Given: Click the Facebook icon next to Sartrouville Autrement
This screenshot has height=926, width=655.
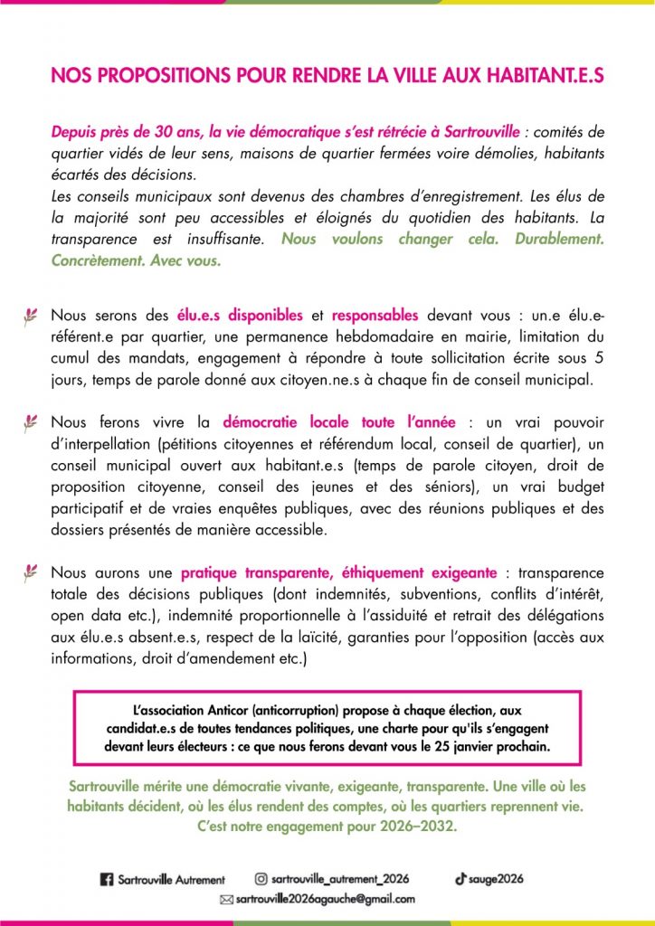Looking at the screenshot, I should pyautogui.click(x=105, y=879).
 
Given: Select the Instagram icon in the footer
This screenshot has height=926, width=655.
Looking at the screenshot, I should pyautogui.click(x=261, y=878).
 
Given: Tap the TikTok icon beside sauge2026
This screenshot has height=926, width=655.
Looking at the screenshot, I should pyautogui.click(x=460, y=878).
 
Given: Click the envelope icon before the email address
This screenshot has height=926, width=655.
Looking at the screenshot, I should pyautogui.click(x=226, y=900).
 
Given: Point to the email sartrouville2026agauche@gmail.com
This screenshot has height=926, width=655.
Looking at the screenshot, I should pyautogui.click(x=325, y=900).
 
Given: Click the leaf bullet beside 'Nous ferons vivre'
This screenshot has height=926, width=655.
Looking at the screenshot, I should pyautogui.click(x=30, y=421).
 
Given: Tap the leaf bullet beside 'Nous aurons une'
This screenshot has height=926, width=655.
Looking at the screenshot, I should pyautogui.click(x=30, y=572).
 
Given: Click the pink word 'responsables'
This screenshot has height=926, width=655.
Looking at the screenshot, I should pyautogui.click(x=375, y=316).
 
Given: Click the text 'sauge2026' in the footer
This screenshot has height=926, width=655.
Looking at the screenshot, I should pyautogui.click(x=496, y=878).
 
